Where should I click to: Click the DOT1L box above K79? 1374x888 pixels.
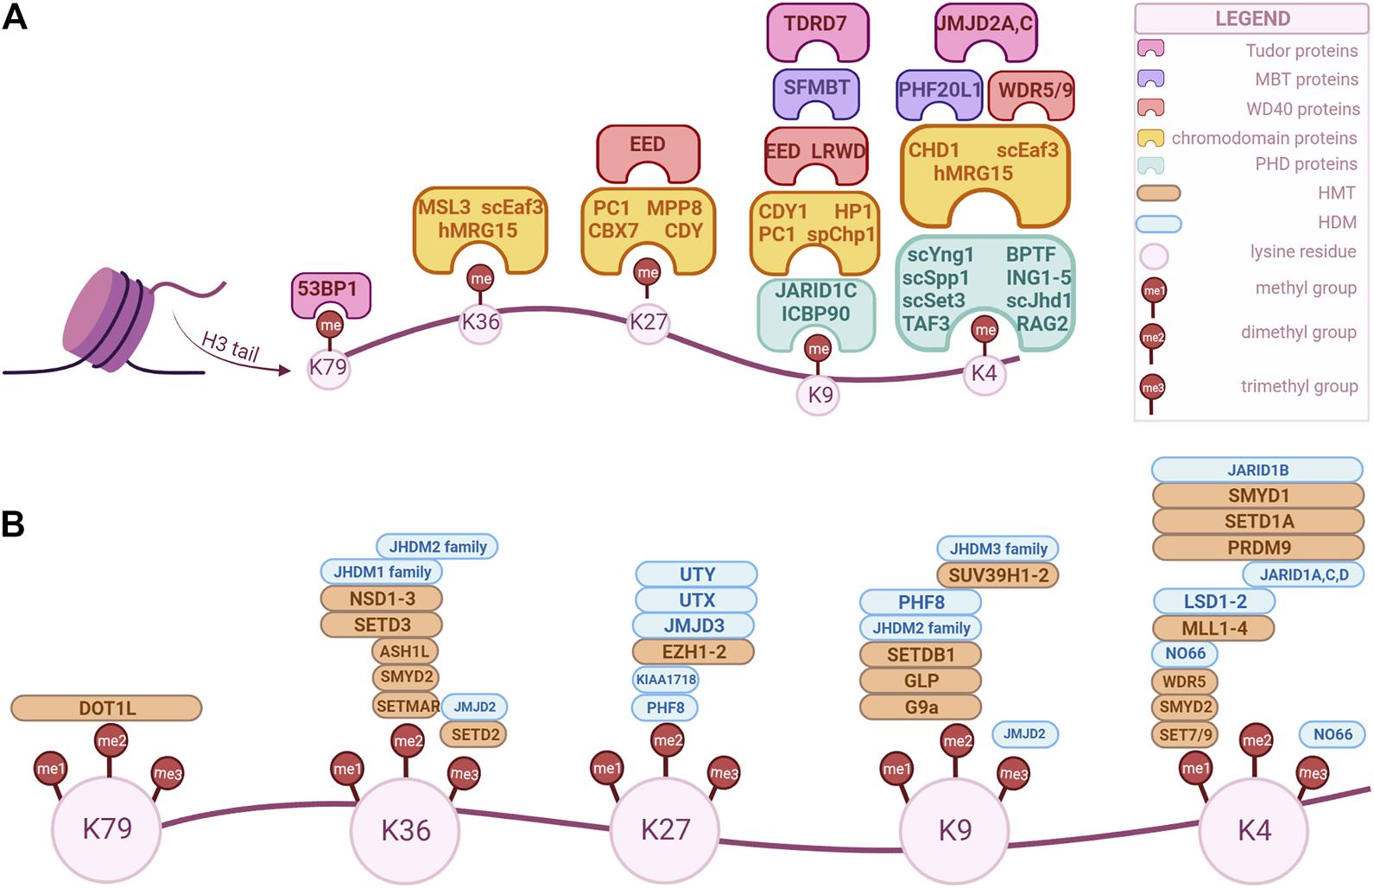106,708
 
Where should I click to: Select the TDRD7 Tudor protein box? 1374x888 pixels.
817,25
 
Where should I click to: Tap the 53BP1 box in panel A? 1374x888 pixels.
330,290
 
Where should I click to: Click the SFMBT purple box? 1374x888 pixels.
816,88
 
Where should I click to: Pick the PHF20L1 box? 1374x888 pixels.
939,90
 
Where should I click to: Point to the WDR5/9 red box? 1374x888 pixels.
1032,91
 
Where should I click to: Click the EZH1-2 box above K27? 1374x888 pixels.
693,651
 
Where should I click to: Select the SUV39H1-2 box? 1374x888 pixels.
997,575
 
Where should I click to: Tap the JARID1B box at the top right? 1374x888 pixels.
1257,470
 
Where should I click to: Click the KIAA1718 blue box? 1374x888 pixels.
665,680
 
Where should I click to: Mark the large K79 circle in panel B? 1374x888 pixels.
106,829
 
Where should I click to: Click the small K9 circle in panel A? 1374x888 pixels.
819,395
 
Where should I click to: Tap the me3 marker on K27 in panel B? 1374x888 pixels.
723,773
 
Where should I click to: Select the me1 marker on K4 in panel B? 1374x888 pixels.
1195,768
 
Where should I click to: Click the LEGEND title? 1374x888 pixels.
1251,19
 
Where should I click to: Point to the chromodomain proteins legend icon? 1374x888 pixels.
1151,138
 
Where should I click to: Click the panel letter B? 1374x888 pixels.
13,524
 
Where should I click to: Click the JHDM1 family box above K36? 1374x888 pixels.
382,572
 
